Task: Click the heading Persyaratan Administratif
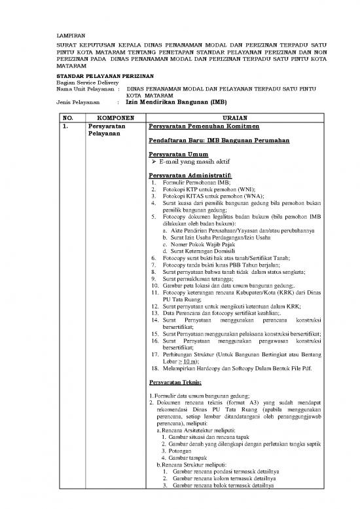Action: [x=190, y=176]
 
